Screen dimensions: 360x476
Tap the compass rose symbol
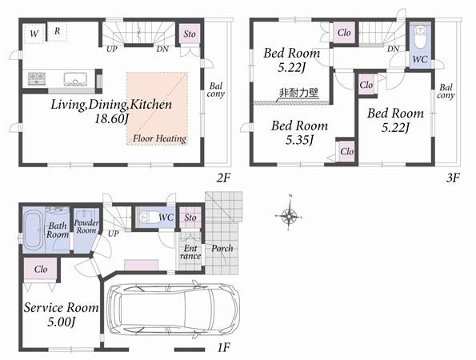click(x=290, y=215)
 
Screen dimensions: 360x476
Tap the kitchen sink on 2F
click(x=78, y=78)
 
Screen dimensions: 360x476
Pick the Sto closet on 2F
click(x=190, y=34)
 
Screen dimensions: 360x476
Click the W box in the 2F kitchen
click(x=33, y=33)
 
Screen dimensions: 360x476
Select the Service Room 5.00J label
click(x=61, y=314)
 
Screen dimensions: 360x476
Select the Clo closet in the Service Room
click(x=38, y=270)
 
